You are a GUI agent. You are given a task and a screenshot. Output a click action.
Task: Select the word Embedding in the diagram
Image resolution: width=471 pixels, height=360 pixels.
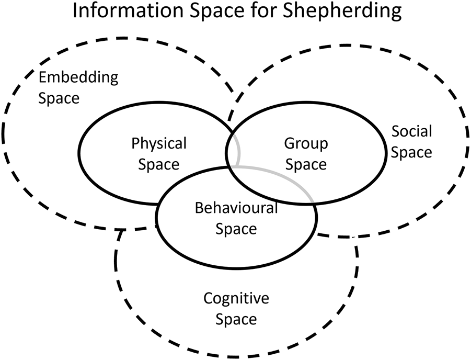click(x=79, y=78)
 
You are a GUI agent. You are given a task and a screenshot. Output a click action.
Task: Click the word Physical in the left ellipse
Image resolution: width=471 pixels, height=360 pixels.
click(x=159, y=142)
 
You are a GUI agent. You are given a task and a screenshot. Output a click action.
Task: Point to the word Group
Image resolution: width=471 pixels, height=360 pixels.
click(x=306, y=143)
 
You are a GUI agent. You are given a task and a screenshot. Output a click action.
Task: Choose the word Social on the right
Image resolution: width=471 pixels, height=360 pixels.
click(x=412, y=131)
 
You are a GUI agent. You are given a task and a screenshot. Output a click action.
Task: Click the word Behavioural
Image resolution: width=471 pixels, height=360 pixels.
click(x=236, y=208)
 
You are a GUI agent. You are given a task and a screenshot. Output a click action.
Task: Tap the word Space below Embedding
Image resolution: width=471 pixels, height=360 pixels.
click(x=59, y=98)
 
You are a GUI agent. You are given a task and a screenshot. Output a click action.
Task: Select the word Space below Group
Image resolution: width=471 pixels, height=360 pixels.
click(x=306, y=164)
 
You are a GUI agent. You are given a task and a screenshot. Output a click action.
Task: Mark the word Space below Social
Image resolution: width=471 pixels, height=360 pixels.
click(x=412, y=152)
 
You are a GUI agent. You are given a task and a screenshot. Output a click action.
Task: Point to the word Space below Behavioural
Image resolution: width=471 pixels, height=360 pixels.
click(x=236, y=229)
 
